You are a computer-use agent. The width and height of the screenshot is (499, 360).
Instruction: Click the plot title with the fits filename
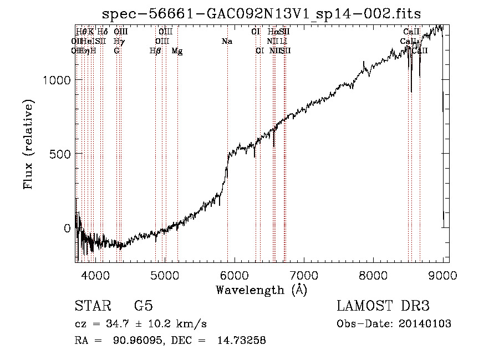pyautogui.click(x=262, y=13)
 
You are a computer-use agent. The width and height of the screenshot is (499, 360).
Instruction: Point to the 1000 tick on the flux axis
pyautogui.click(x=58, y=80)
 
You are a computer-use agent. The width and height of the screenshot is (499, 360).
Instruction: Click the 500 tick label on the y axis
pyautogui.click(x=61, y=154)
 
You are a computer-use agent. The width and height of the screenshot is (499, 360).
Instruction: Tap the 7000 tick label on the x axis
pyautogui.click(x=304, y=275)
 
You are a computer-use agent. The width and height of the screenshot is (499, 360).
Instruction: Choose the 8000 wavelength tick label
pyautogui.click(x=374, y=275)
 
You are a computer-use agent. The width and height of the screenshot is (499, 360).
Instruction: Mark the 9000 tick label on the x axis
pyautogui.click(x=443, y=275)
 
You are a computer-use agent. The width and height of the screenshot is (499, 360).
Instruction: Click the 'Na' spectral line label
pyautogui.click(x=227, y=42)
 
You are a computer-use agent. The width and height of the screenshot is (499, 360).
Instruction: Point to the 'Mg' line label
pyautogui.click(x=177, y=51)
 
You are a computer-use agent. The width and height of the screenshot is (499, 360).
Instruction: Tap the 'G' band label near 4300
pyautogui.click(x=116, y=50)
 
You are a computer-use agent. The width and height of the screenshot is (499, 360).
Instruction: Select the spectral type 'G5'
pyautogui.click(x=144, y=306)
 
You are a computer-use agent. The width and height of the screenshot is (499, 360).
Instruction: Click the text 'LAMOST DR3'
pyautogui.click(x=383, y=306)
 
